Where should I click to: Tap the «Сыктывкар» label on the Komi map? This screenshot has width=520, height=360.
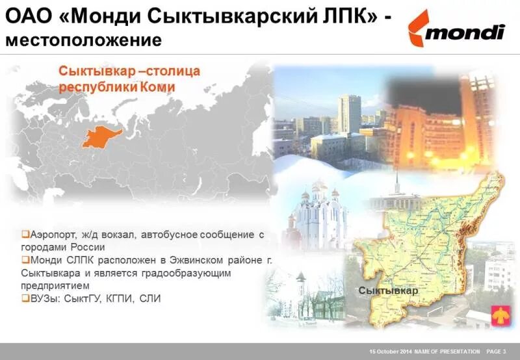388,290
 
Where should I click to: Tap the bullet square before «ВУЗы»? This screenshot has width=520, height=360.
25,298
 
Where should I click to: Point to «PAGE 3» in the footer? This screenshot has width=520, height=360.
496,352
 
